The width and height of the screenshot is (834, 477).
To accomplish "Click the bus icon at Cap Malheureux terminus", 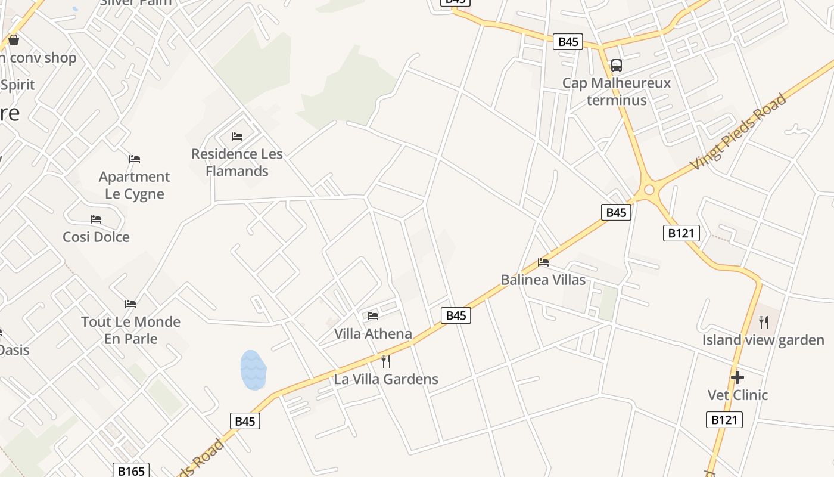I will click(x=617, y=65).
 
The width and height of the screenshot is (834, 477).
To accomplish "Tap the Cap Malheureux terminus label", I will click(x=617, y=91).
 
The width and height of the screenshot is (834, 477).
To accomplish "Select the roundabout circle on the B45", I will click(x=649, y=190).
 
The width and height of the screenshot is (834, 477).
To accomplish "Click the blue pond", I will click(x=253, y=370).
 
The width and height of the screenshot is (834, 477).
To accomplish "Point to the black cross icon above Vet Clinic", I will click(x=737, y=377).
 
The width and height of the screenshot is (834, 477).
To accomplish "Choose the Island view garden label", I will click(x=763, y=340).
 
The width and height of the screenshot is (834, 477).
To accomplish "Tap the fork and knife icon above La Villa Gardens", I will click(x=385, y=361).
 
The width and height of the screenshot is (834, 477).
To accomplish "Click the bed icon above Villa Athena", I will click(x=373, y=315).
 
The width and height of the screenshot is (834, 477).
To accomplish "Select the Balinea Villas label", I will click(x=543, y=280).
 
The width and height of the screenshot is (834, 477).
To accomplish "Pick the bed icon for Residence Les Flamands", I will click(x=237, y=136).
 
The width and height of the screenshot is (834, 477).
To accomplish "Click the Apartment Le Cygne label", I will click(x=135, y=185).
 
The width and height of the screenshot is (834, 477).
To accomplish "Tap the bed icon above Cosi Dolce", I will click(x=96, y=219).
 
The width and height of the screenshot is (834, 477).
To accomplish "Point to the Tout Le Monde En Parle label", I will click(x=130, y=330).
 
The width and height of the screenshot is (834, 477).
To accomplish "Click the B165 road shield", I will click(x=131, y=471).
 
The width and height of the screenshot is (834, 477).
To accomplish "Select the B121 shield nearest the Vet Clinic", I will click(x=724, y=420).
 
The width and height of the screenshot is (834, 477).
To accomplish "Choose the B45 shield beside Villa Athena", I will click(x=456, y=315).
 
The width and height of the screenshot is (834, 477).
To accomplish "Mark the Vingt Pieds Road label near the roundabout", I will click(x=739, y=132).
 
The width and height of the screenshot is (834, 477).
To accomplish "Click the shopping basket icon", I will click(x=14, y=40).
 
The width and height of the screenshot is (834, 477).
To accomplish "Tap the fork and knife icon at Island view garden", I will click(x=764, y=323).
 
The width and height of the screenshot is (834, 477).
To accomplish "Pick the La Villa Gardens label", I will click(x=386, y=379).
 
